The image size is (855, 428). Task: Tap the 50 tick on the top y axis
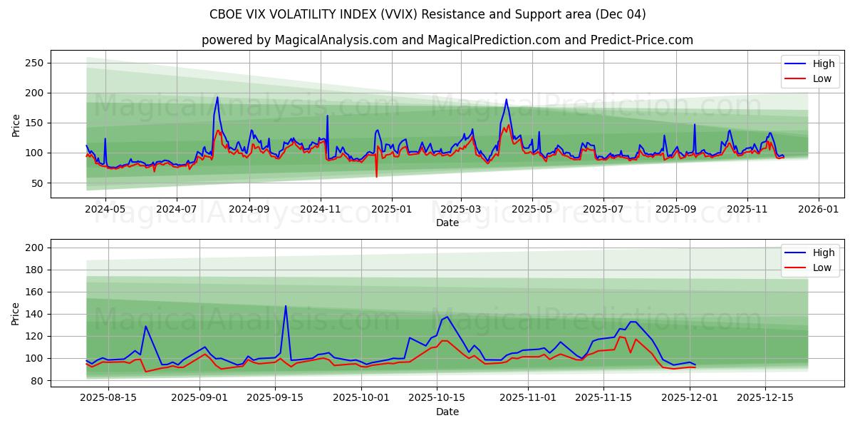click(x=38, y=183)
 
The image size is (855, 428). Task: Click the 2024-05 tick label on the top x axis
click(x=105, y=210)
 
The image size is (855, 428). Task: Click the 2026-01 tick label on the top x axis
click(x=818, y=210)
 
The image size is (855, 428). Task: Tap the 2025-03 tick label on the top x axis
click(x=461, y=210)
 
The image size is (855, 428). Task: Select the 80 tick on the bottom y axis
click(x=38, y=381)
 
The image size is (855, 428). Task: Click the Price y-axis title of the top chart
click(x=16, y=125)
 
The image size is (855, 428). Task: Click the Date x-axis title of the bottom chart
click(x=447, y=412)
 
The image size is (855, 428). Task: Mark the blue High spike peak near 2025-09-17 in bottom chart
click(x=286, y=306)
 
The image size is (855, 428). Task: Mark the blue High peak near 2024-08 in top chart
click(x=217, y=97)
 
